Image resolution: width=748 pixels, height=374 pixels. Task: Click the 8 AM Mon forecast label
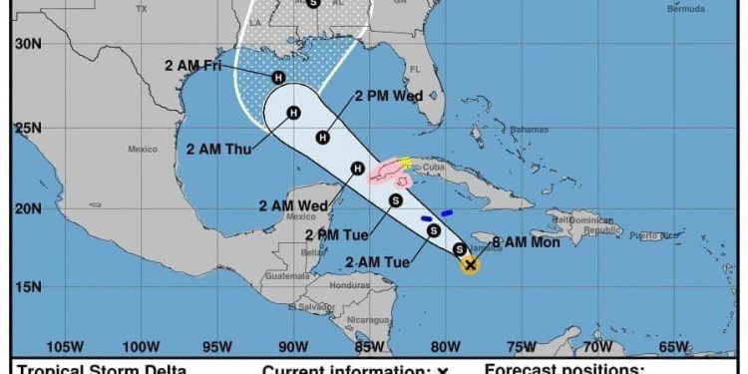tap(526, 241)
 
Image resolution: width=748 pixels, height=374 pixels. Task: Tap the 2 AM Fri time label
tap(195, 66)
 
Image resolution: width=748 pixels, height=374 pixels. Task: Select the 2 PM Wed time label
tap(389, 97)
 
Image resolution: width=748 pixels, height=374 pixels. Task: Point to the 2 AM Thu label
tap(219, 150)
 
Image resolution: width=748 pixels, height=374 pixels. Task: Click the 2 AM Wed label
tap(293, 206)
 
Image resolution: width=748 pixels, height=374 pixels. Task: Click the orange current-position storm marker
tap(471, 265)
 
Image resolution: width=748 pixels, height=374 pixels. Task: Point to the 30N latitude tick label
tap(28, 44)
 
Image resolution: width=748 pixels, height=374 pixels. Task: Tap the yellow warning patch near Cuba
tap(404, 163)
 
